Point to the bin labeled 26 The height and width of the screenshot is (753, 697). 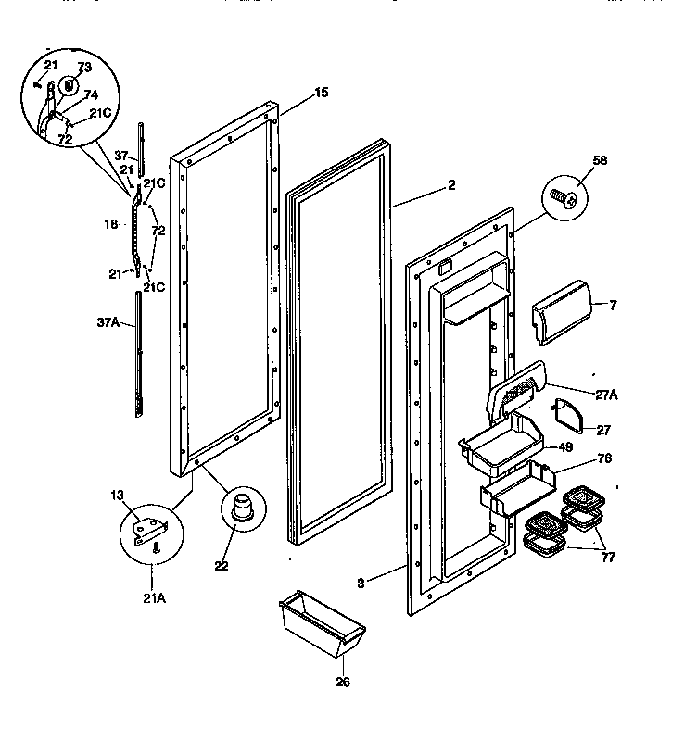coord(321,627)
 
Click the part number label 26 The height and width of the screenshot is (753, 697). coord(343,683)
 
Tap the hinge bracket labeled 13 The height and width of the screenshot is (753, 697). coord(150,532)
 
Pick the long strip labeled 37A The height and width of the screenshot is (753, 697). coord(140,352)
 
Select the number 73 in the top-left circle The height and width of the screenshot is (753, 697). coord(85,69)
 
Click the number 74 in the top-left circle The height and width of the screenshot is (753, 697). coord(91,94)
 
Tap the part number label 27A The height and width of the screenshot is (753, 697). coord(605,394)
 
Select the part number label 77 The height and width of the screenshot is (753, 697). coord(606,558)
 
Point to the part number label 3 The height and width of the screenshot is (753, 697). coord(361,583)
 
